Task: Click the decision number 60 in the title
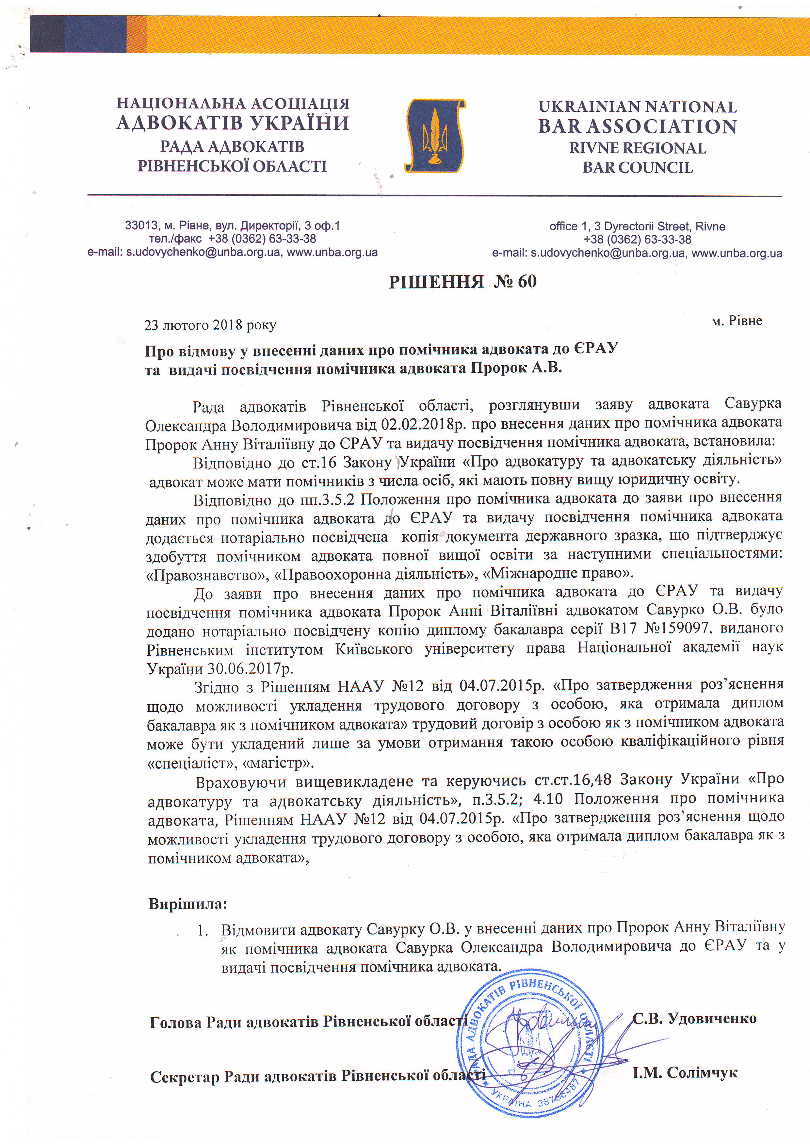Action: pyautogui.click(x=527, y=282)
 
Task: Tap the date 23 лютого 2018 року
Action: pyautogui.click(x=210, y=325)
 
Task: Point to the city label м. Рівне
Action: pyautogui.click(x=736, y=320)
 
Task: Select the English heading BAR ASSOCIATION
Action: pyautogui.click(x=637, y=127)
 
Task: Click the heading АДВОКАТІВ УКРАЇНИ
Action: pyautogui.click(x=233, y=123)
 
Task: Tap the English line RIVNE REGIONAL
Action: pyautogui.click(x=637, y=148)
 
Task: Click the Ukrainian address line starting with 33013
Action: pyautogui.click(x=232, y=226)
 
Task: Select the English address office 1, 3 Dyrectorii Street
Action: pyautogui.click(x=637, y=226)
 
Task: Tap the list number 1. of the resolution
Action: pyautogui.click(x=202, y=931)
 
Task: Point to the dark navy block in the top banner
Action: pyautogui.click(x=78, y=33)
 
